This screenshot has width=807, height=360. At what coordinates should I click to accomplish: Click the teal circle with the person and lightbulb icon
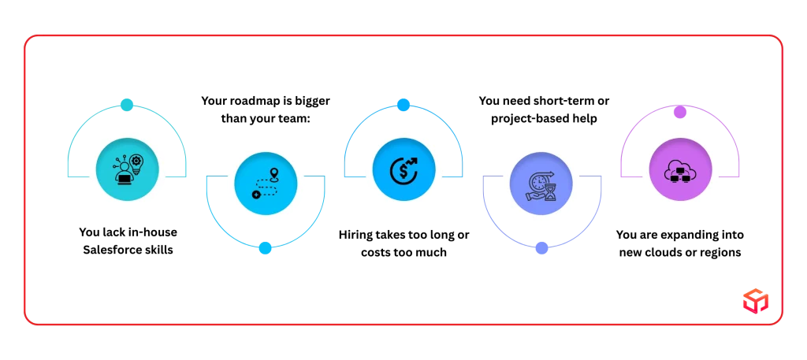click(x=127, y=169)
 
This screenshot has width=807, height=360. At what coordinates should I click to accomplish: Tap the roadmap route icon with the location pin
click(x=265, y=183)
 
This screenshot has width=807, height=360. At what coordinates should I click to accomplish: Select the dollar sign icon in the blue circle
click(x=403, y=169)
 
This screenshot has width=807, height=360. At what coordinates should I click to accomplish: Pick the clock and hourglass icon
click(x=541, y=185)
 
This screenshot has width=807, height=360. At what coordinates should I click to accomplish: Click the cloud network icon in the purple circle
click(x=680, y=169)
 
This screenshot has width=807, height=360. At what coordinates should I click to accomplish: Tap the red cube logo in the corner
click(x=756, y=300)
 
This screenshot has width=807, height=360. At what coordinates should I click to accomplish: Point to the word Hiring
click(x=356, y=235)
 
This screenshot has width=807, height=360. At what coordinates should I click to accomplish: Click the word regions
click(x=722, y=253)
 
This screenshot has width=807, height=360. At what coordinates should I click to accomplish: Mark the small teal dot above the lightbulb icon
click(x=127, y=105)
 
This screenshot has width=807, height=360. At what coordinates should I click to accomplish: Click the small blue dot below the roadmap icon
click(x=265, y=248)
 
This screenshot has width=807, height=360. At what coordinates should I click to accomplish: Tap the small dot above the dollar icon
click(x=403, y=105)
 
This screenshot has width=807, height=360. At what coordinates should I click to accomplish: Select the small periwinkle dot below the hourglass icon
click(x=541, y=248)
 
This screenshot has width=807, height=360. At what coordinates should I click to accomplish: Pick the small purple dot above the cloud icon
click(x=680, y=112)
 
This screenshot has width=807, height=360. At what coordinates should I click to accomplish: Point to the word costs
click(x=376, y=253)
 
